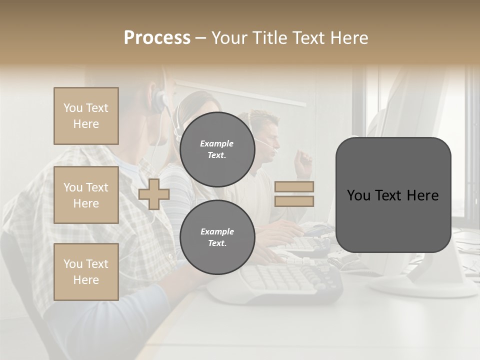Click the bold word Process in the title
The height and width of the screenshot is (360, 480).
coord(157,38)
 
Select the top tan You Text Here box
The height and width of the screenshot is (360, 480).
coord(86,116)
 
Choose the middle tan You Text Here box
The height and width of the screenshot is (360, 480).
coord(86,195)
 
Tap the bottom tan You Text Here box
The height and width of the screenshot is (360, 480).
coord(86,271)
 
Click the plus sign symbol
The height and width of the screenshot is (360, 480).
coord(153,194)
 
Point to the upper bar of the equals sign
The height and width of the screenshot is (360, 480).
coord(294,187)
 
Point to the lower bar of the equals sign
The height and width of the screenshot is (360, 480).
coord(294,201)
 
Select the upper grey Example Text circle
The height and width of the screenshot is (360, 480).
coord(217,149)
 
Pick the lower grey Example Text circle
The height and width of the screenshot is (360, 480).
coord(217,237)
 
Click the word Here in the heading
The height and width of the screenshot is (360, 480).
coord(350,38)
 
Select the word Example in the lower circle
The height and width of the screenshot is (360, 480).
coord(217,231)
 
